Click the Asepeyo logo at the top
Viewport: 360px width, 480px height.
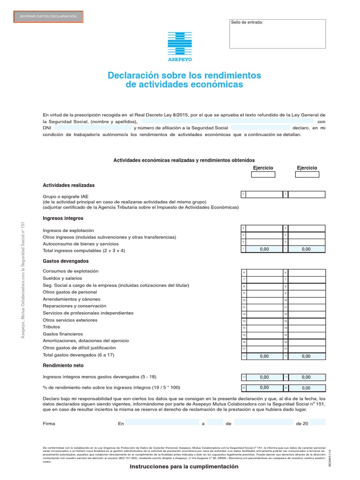[x=180, y=46]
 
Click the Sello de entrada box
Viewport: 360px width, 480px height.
[x=277, y=34]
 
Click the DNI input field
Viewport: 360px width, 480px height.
[x=93, y=127]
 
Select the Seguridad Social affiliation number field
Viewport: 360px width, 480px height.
[x=260, y=127]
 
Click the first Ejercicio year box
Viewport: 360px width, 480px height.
[x=263, y=174]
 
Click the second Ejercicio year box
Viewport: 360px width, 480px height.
[x=307, y=174]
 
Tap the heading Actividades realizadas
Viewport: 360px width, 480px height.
[x=68, y=185]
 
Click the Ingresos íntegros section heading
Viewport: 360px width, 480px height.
[x=63, y=218]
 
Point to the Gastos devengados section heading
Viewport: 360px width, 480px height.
[x=65, y=261]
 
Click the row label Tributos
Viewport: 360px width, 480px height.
[x=51, y=327]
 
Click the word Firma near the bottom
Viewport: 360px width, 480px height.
[x=49, y=423]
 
